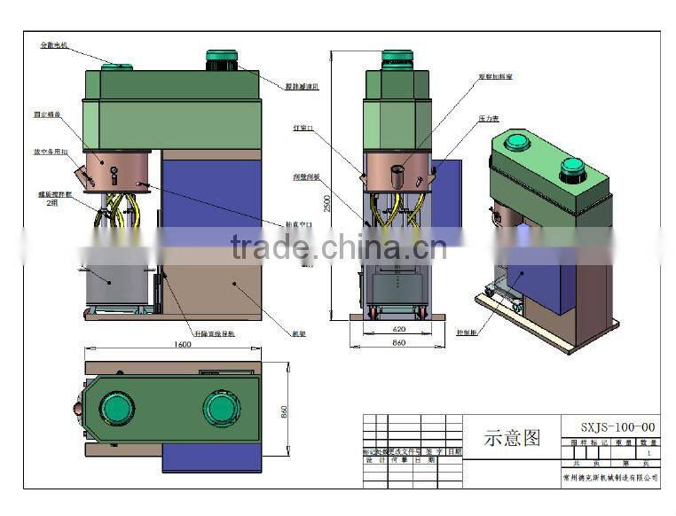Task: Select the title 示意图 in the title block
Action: (512, 438)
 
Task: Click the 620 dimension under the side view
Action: (397, 328)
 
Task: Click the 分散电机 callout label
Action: (54, 44)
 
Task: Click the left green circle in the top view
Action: (116, 408)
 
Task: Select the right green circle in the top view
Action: (221, 408)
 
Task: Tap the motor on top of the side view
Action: (397, 59)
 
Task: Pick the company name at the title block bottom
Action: (611, 477)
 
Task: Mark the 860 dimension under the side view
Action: (398, 342)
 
